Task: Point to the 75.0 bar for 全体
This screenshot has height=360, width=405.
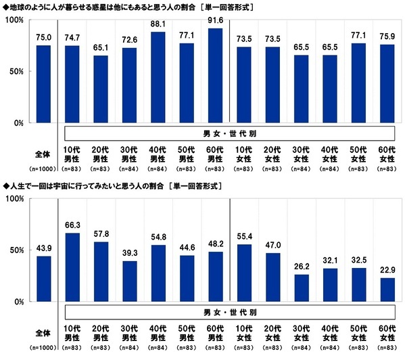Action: click(43, 84)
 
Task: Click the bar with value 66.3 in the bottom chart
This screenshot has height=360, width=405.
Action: click(72, 267)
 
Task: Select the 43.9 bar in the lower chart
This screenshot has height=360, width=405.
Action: click(43, 278)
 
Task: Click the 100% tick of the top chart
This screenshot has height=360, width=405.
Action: click(15, 20)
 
